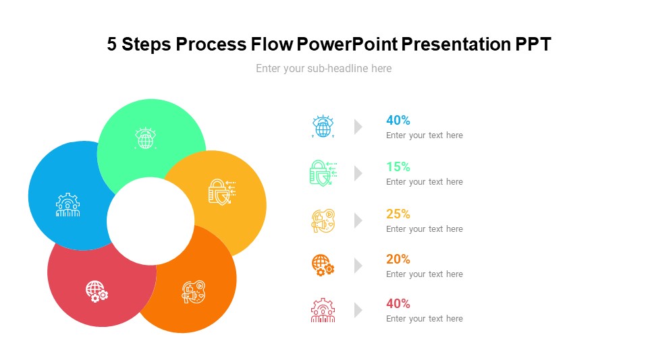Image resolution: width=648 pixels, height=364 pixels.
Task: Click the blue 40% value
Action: tap(398, 121)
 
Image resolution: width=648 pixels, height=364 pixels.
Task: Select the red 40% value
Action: tap(398, 304)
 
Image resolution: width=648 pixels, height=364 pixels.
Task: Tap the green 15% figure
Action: tap(398, 167)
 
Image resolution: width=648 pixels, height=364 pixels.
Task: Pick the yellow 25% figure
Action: tap(398, 214)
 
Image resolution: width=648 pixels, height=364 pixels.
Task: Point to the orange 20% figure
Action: tap(398, 260)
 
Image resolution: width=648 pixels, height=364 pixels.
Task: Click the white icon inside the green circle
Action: tap(146, 139)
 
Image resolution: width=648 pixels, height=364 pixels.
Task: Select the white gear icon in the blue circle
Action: tap(67, 205)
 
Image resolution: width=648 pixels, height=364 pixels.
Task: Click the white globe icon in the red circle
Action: tap(97, 291)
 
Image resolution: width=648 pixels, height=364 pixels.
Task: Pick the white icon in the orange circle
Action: tap(194, 292)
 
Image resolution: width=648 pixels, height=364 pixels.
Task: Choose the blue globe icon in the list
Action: tap(323, 126)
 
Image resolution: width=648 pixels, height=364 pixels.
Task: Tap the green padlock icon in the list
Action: tap(323, 173)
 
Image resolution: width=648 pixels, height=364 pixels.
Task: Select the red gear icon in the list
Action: tap(323, 310)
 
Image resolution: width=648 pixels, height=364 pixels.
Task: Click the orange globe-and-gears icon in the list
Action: tap(323, 265)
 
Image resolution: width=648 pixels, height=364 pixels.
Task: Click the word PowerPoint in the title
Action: tap(348, 44)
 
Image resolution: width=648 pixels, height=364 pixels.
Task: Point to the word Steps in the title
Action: tap(145, 44)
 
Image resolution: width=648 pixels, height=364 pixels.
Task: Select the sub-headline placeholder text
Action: tap(323, 69)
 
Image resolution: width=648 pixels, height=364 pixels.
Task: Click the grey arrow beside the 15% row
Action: tap(358, 173)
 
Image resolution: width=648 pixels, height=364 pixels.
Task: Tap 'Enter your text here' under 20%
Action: tap(424, 274)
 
